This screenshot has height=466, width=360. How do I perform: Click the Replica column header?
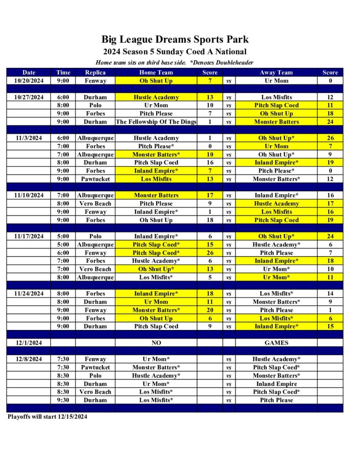click(95, 72)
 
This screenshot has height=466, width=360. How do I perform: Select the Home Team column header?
click(156, 72)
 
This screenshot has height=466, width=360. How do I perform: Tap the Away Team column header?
click(276, 72)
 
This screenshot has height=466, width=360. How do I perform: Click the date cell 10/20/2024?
click(29, 81)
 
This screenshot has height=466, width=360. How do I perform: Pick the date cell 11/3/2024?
click(29, 138)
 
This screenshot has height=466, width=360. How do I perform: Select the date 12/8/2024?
click(29, 360)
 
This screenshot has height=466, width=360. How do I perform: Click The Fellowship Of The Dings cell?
click(156, 122)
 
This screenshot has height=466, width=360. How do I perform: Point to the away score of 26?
click(330, 138)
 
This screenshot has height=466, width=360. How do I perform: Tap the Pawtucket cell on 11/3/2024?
click(95, 179)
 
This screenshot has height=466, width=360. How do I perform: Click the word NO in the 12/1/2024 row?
click(156, 343)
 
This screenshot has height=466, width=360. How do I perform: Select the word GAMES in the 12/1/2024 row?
click(276, 343)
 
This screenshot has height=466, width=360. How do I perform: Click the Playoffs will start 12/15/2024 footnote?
click(47, 416)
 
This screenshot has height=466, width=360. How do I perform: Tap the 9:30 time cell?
click(63, 400)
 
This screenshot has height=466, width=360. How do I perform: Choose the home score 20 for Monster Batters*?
click(210, 310)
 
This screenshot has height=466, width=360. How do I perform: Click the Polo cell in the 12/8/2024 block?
click(95, 376)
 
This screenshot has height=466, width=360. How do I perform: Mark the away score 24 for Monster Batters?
click(330, 122)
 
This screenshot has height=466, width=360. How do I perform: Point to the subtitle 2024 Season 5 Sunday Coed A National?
click(175, 52)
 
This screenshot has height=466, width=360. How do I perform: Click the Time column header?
click(63, 72)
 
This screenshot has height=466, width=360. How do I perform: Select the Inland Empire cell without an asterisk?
click(276, 384)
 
